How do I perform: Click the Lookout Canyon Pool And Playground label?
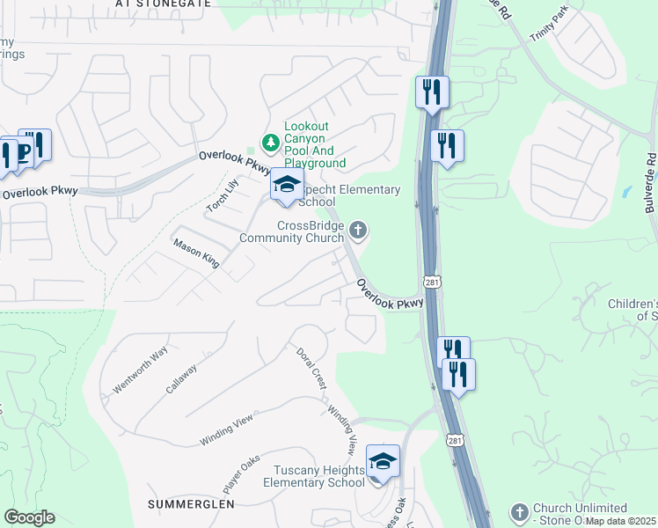(314, 145)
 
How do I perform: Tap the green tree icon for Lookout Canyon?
(271, 142)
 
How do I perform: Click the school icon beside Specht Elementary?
(286, 186)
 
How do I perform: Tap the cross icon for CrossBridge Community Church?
(357, 231)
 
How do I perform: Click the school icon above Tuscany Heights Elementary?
(383, 461)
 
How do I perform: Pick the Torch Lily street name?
(223, 195)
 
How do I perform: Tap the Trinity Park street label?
(550, 27)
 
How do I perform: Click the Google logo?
(29, 517)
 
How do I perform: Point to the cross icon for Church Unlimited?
(520, 512)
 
